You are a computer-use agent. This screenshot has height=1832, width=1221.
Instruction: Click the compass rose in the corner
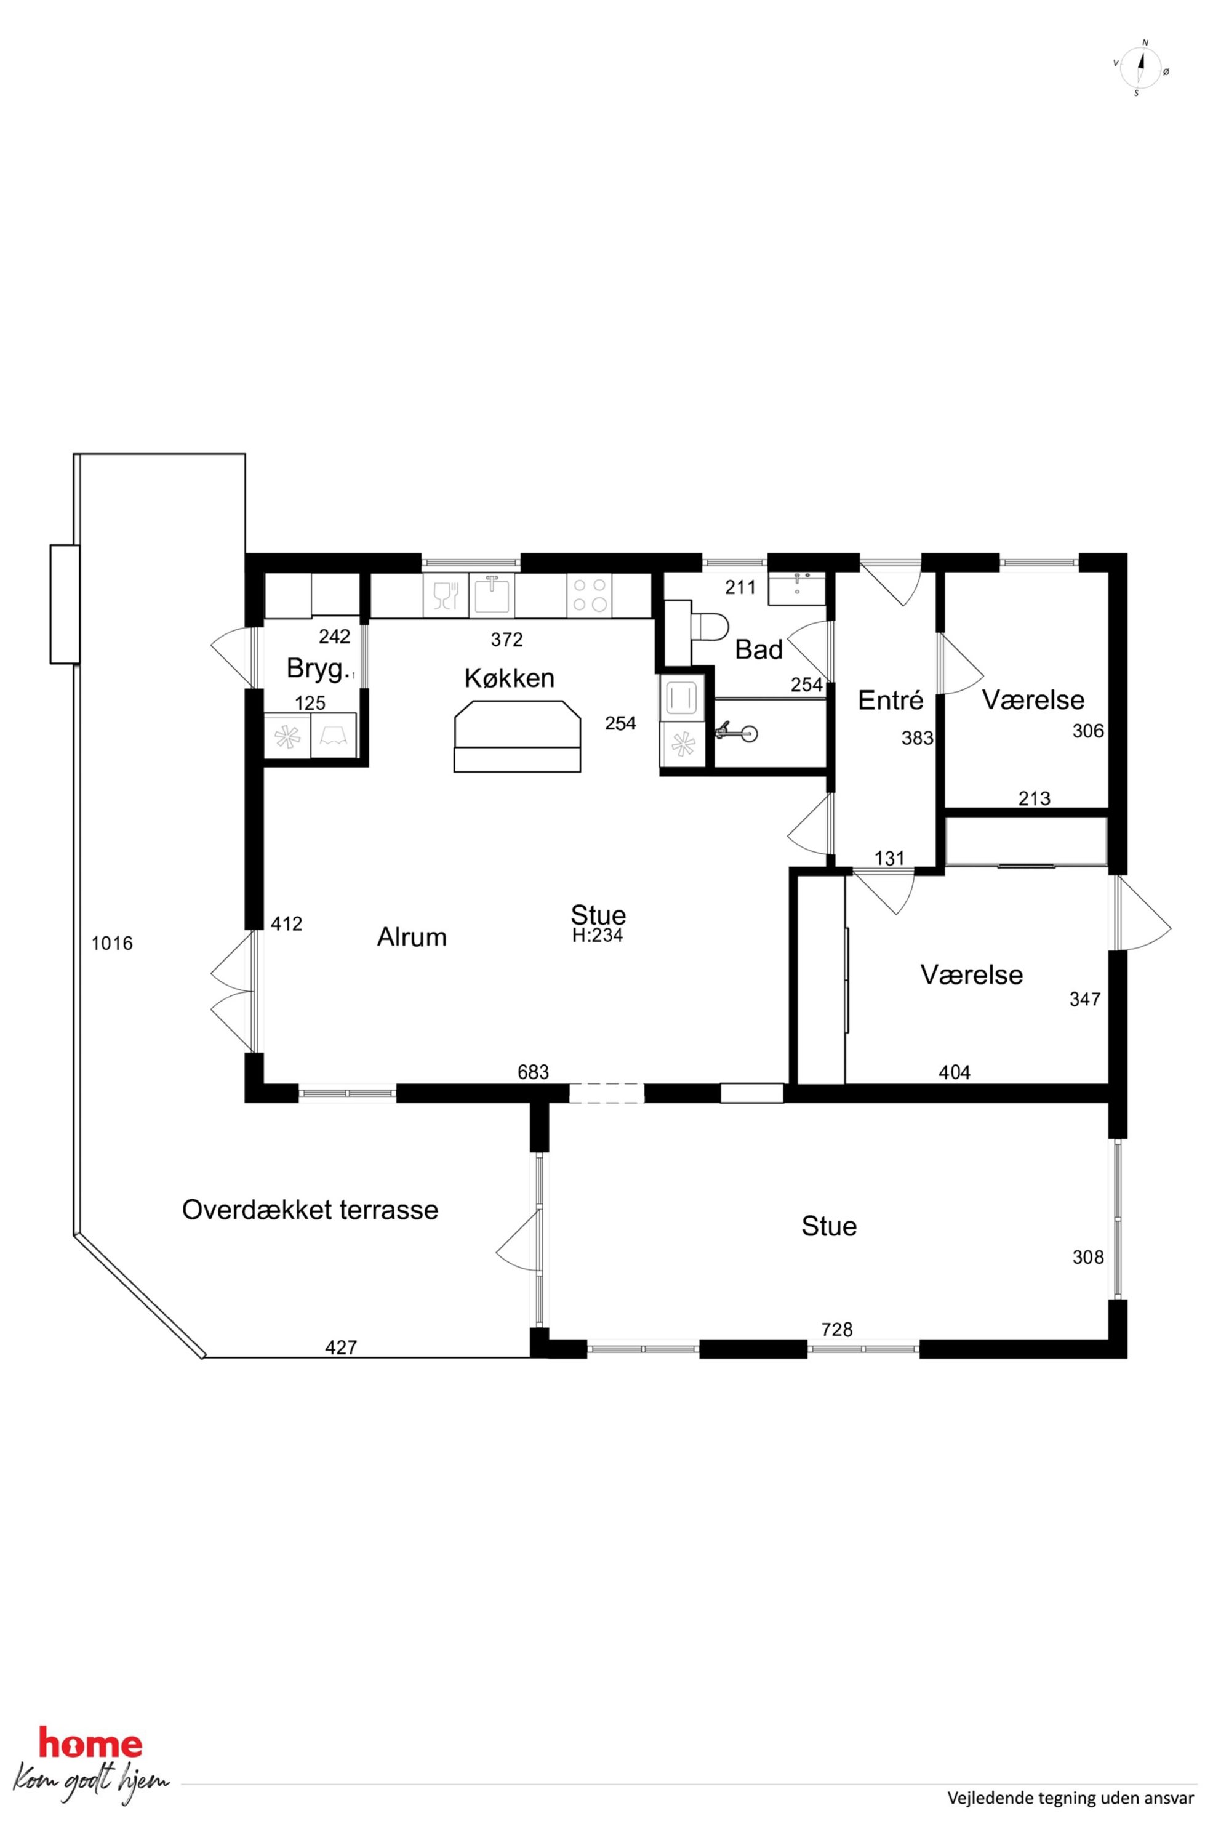coord(1142,68)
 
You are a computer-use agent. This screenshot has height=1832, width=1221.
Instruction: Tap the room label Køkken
coord(510,678)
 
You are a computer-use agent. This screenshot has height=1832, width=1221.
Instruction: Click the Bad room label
coord(758,649)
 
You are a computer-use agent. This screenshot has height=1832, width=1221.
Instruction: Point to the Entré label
coord(890,701)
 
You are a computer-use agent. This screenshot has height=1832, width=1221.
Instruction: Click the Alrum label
coord(412,937)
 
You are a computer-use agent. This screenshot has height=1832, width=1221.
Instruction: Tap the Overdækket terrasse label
coord(310,1210)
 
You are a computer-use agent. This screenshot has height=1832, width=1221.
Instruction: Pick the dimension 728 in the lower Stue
coord(837,1330)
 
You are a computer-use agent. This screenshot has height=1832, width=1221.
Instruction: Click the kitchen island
coord(518,736)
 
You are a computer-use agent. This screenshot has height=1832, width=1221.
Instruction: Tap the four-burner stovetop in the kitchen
coord(590,596)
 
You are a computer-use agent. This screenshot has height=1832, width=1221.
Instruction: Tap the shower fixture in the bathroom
coord(736,731)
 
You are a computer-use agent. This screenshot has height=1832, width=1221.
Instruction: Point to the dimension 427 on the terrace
coord(341,1348)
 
